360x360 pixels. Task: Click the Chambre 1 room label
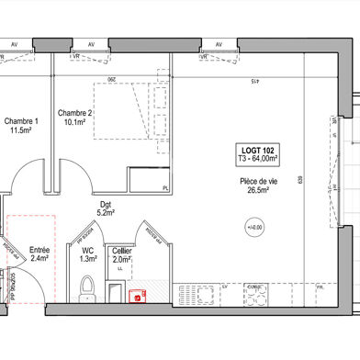point(22,121)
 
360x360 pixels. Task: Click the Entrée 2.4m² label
point(39,254)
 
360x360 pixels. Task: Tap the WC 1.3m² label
point(88,254)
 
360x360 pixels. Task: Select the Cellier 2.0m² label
point(121,254)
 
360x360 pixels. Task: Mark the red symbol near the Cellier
point(138,296)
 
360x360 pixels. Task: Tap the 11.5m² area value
point(21,131)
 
